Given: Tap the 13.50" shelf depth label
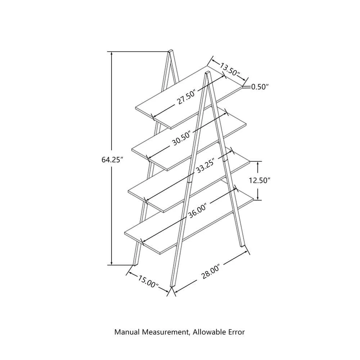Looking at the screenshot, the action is (x=230, y=69).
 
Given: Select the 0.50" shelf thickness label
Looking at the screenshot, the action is (x=260, y=87).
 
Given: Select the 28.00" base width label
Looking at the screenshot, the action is (x=211, y=272).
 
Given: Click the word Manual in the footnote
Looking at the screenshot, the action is (x=127, y=332).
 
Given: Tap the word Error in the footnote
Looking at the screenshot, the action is (x=237, y=332).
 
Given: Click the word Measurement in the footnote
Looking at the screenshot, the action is (x=166, y=332).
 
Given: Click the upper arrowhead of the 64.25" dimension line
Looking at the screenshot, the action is (x=112, y=54).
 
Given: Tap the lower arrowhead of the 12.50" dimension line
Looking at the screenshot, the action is (x=258, y=198).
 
